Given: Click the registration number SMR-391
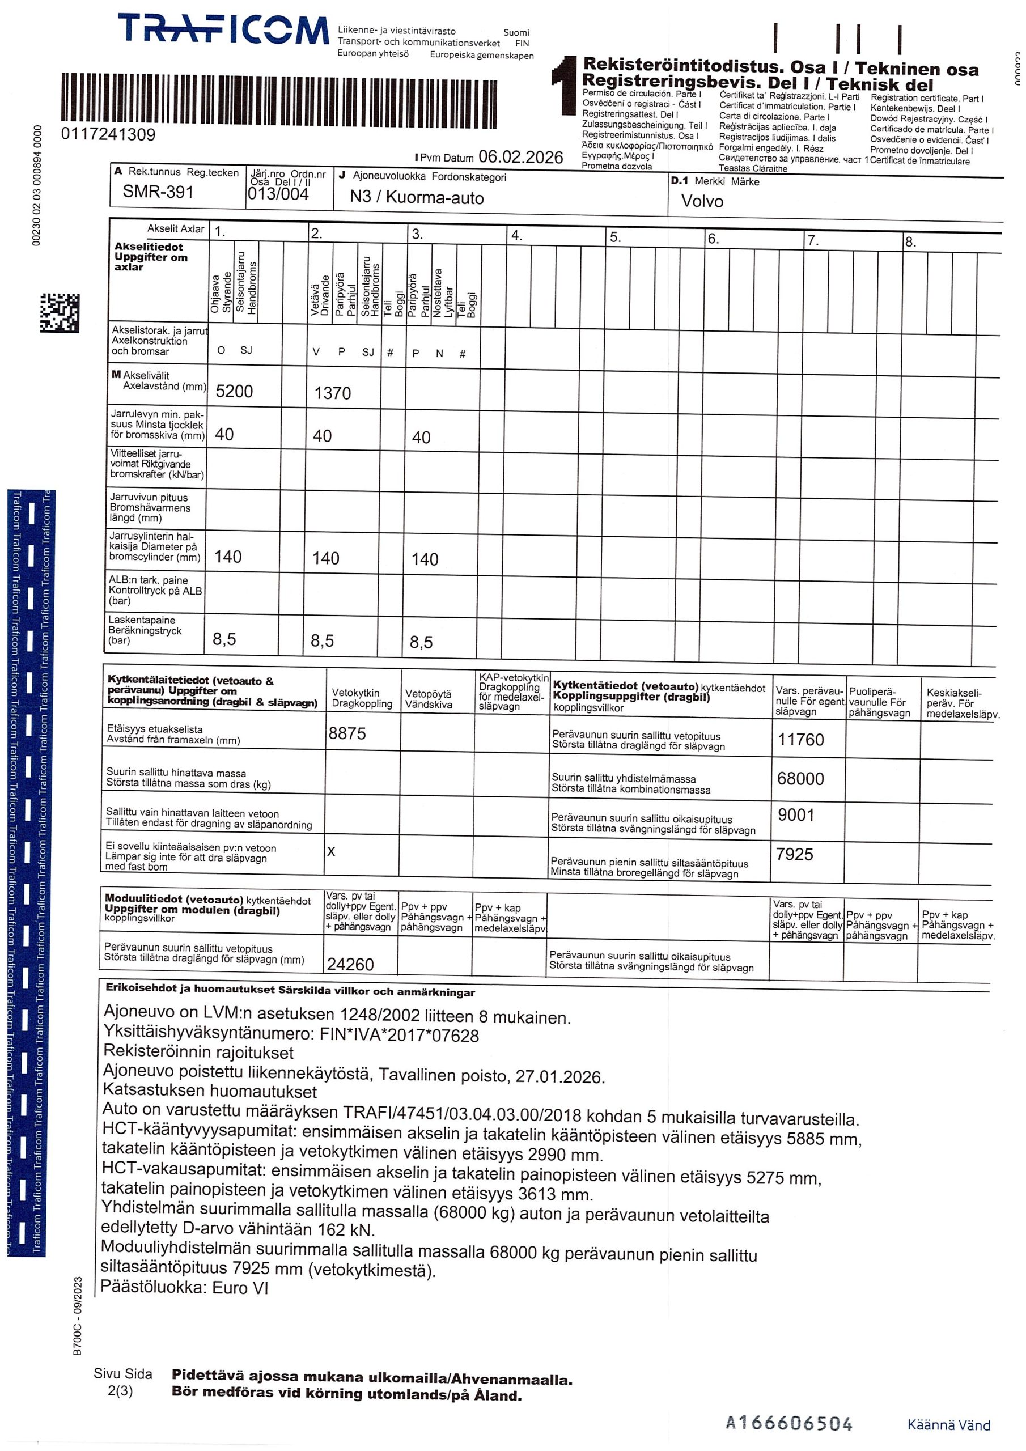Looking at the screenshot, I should pos(158,192).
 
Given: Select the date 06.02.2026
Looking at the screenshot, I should pos(520,157).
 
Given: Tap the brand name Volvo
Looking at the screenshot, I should pos(702,201).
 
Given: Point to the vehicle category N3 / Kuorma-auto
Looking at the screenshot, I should pos(417,197).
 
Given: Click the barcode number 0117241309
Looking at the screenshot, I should pos(108,134).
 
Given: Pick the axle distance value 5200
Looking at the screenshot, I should pos(234,391).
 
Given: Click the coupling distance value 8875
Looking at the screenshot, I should pos(347,733).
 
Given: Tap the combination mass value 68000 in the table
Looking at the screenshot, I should pos(800,779).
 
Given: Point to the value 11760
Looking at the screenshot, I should pos(800,740).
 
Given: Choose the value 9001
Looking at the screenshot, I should pos(796,815).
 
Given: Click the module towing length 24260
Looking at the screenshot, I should pos(350,964).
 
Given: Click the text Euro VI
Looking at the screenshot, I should pos(240,1288).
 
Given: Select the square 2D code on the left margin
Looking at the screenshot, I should pos(60,313).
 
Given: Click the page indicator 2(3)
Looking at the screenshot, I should pos(120,1391).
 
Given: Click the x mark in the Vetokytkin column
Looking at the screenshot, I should pos(331,852).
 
